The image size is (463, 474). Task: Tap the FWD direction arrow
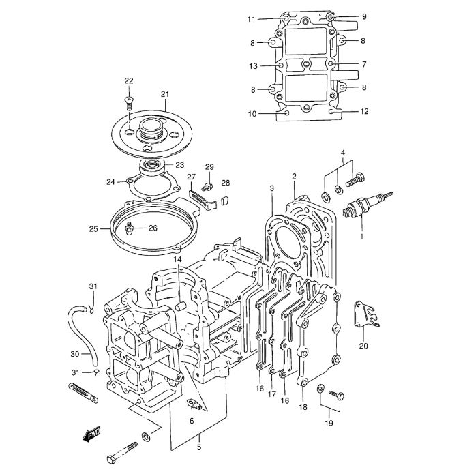[91, 434]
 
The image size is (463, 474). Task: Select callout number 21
[165, 94]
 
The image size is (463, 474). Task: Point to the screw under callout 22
[129, 103]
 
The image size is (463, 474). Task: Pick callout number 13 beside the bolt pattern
[253, 66]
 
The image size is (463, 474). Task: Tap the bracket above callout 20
[365, 314]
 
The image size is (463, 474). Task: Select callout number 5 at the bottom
[199, 447]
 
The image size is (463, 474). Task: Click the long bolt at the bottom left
[122, 453]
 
